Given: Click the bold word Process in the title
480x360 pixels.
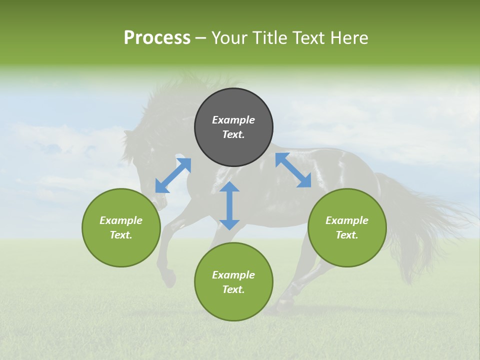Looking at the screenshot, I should click(x=157, y=38).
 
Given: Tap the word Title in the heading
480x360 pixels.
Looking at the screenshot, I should click(x=266, y=38).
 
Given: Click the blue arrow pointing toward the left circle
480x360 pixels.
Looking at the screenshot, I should click(x=173, y=175).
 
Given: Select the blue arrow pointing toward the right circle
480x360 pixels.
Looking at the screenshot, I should click(x=293, y=170).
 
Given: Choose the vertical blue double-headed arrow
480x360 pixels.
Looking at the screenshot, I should click(x=229, y=205).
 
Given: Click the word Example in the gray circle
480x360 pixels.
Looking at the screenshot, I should click(x=233, y=120).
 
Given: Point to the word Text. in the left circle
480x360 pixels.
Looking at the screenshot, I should click(x=121, y=235).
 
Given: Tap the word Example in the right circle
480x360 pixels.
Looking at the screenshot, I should click(x=347, y=220).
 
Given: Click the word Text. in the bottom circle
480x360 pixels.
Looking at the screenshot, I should click(x=233, y=289).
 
